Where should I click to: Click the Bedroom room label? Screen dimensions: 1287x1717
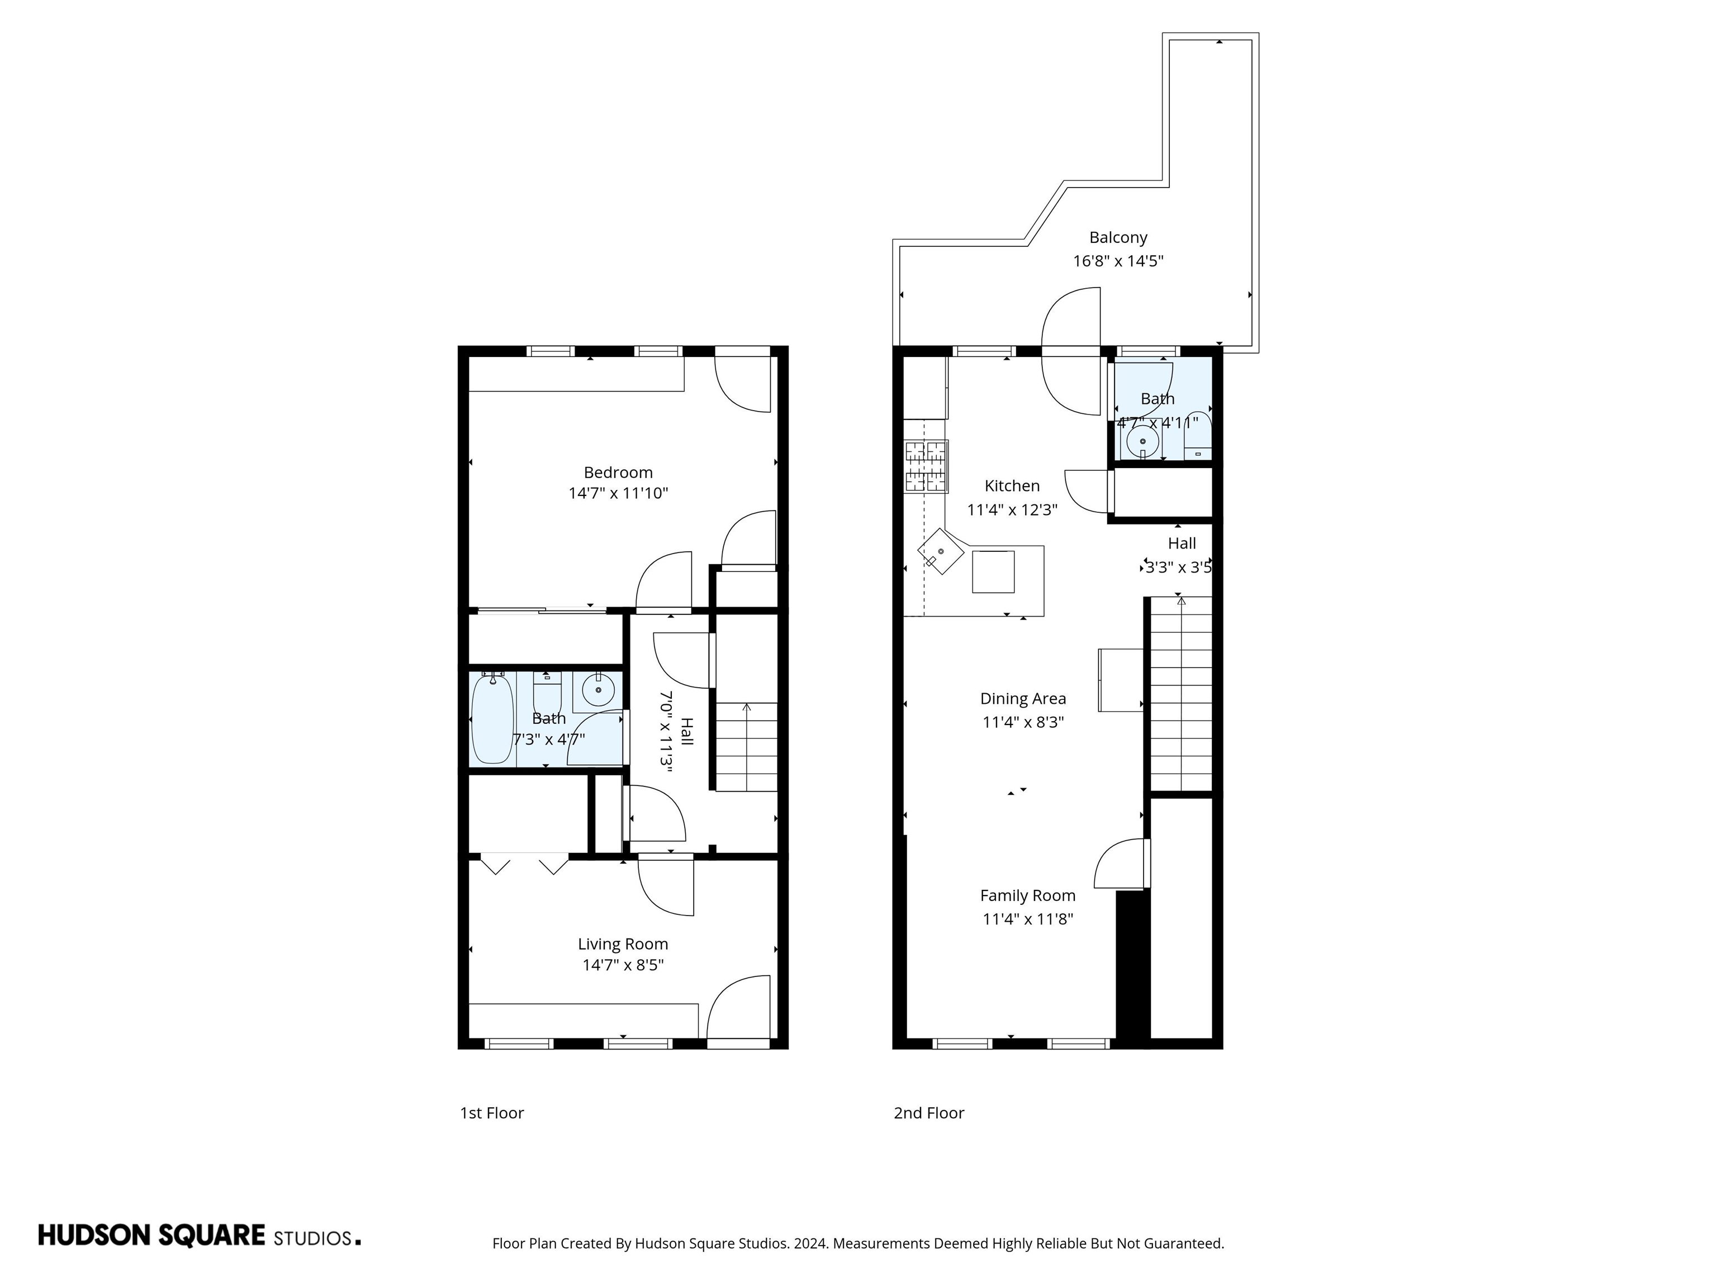(618, 473)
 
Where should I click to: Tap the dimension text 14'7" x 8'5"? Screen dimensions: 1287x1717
(623, 965)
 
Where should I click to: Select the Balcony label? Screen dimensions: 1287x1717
(1118, 237)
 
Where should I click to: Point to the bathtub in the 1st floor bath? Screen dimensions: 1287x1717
(492, 721)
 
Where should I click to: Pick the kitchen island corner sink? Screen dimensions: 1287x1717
(941, 551)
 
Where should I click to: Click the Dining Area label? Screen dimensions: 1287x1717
(1022, 698)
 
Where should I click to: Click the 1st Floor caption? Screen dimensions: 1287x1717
(491, 1113)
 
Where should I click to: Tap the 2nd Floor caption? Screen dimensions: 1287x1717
(928, 1113)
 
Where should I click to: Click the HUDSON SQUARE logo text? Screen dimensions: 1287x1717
(152, 1236)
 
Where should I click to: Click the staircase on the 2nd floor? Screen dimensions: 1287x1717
(1180, 694)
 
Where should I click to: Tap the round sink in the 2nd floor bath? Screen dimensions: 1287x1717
(1142, 441)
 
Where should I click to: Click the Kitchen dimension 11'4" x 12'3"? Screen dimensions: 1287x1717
(1012, 509)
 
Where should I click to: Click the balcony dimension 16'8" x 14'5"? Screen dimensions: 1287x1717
(1118, 261)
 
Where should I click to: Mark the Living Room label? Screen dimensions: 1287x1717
(623, 943)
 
